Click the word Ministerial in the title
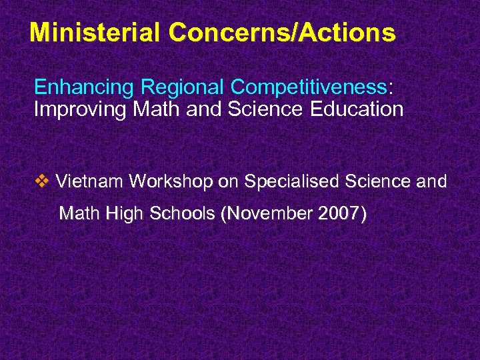coord(95,31)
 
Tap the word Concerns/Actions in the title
coord(281,31)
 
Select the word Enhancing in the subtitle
coord(77,87)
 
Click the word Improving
coord(73,109)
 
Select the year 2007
coord(339,214)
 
